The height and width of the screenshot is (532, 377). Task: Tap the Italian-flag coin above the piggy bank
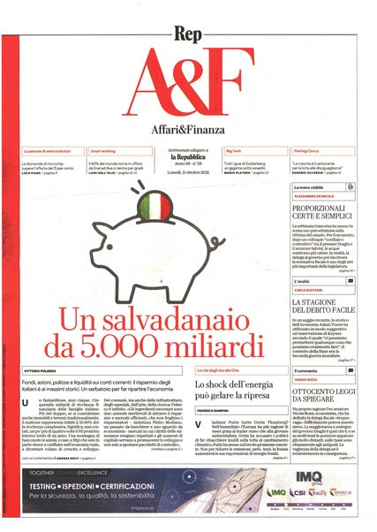click(155, 212)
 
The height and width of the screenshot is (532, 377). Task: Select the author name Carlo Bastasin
click(308, 290)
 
